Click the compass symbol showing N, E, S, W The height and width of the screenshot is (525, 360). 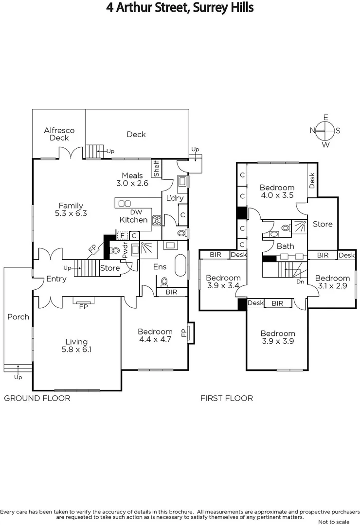pyautogui.click(x=325, y=130)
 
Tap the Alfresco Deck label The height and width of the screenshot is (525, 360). pyautogui.click(x=59, y=134)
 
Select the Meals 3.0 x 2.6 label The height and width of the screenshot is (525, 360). pyautogui.click(x=132, y=179)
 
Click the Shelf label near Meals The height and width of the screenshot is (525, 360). pyautogui.click(x=156, y=169)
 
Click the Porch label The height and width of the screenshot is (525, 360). pyautogui.click(x=18, y=317)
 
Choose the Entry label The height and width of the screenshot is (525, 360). pyautogui.click(x=56, y=279)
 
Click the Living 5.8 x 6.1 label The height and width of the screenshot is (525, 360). pyautogui.click(x=77, y=345)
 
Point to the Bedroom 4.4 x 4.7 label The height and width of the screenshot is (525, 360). pyautogui.click(x=155, y=335)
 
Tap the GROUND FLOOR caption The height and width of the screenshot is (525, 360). pyautogui.click(x=37, y=398)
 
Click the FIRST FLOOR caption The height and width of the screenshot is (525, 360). pyautogui.click(x=227, y=398)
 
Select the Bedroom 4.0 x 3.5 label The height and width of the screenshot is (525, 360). pyautogui.click(x=277, y=192)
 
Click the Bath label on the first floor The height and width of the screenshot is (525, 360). pyautogui.click(x=286, y=246)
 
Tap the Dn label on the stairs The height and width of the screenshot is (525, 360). pyautogui.click(x=300, y=281)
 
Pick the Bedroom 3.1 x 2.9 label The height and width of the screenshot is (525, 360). pyautogui.click(x=332, y=282)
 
